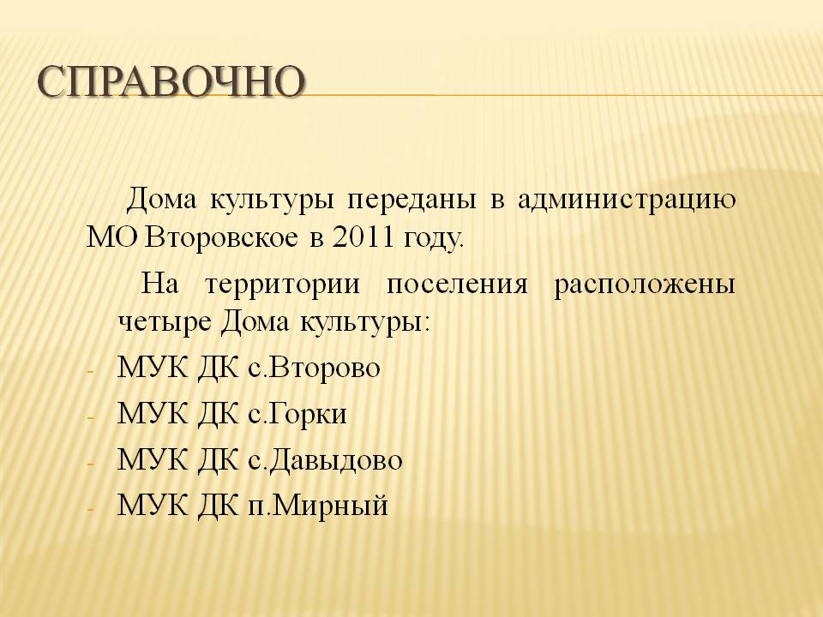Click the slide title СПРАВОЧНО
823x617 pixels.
click(x=171, y=82)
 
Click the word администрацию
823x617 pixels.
click(x=627, y=201)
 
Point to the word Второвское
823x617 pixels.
click(x=220, y=239)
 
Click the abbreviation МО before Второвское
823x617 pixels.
click(x=113, y=238)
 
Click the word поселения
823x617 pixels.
click(x=457, y=285)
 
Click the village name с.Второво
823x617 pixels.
click(x=314, y=368)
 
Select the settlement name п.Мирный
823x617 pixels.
click(x=318, y=506)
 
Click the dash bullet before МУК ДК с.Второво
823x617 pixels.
click(x=90, y=371)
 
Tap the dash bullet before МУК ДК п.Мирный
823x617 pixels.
click(x=90, y=509)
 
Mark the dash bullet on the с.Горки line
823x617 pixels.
click(x=90, y=417)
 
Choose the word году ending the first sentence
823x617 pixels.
click(x=433, y=240)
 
